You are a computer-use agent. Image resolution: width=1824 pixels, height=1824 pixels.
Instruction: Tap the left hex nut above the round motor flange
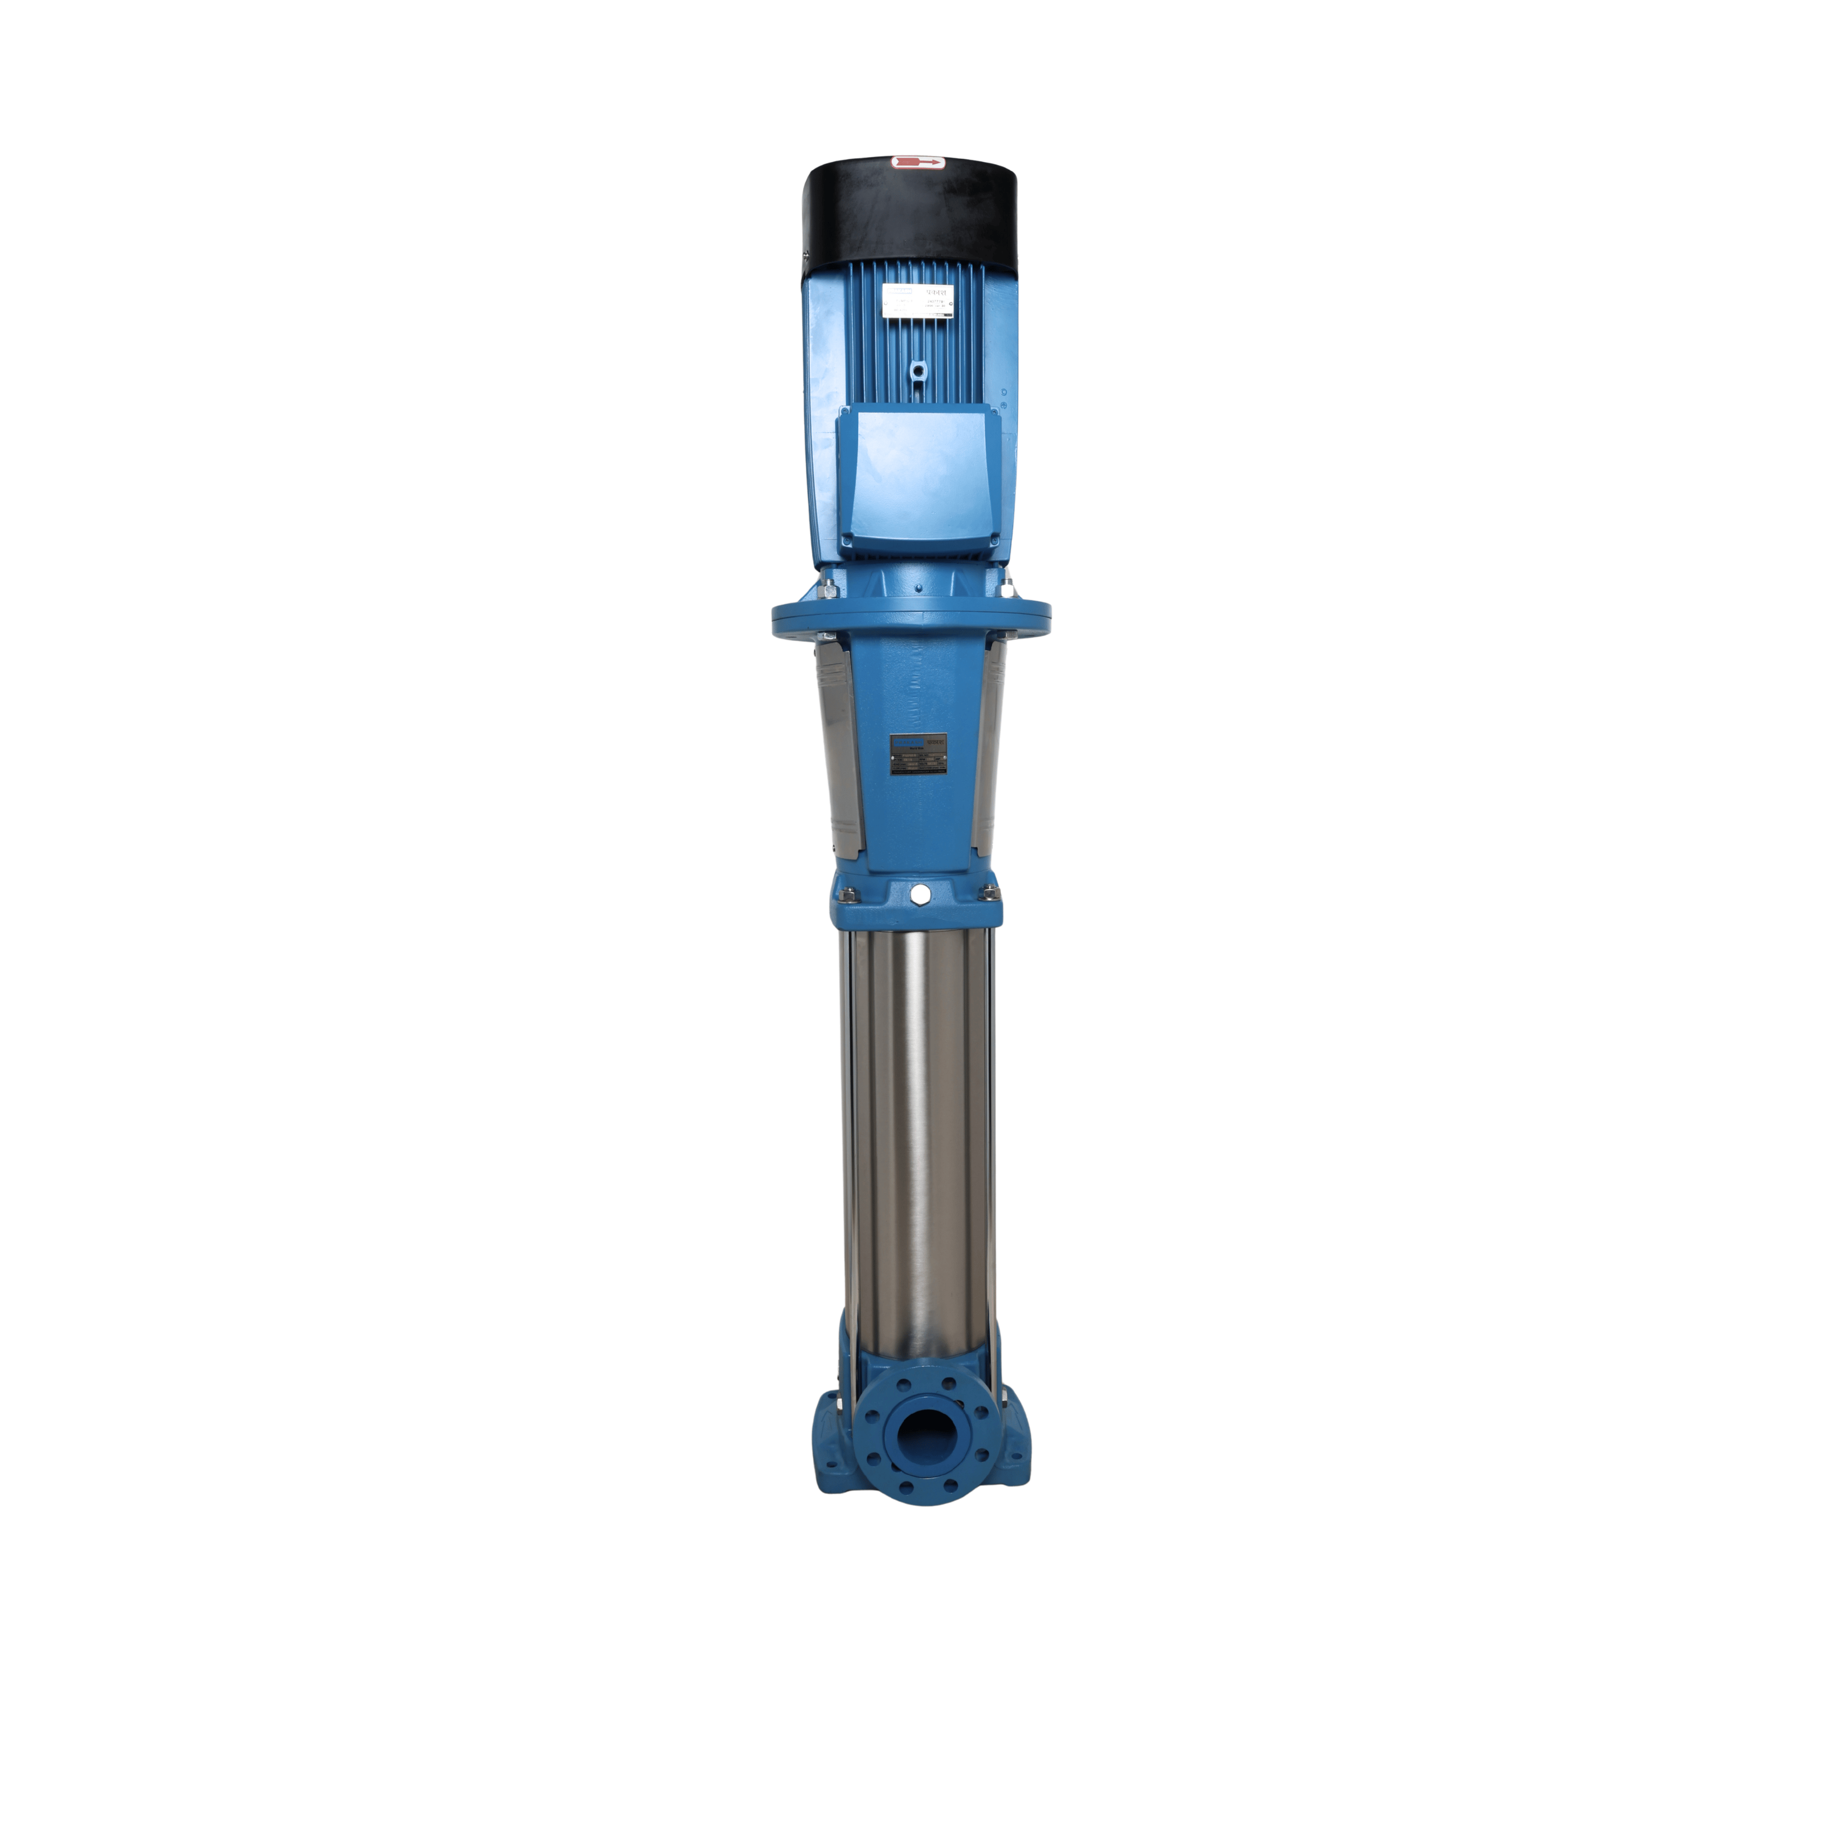click(829, 590)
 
